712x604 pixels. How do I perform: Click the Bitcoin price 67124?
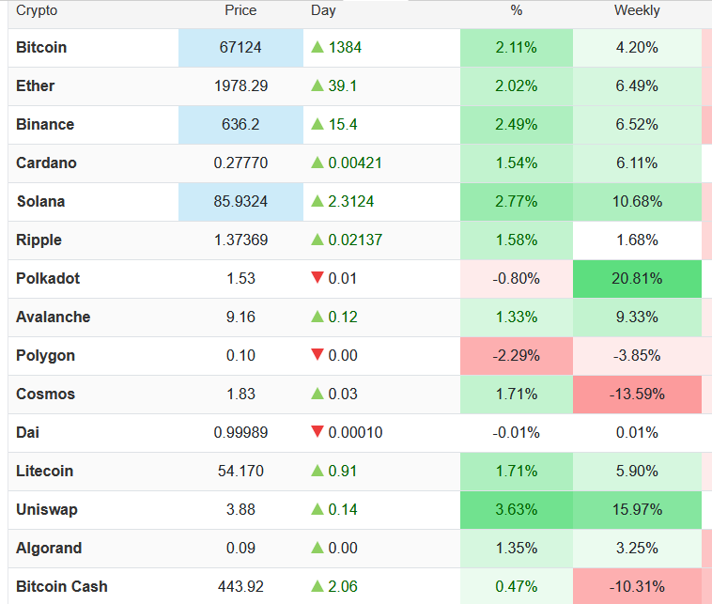tap(240, 47)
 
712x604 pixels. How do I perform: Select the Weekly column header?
tap(637, 10)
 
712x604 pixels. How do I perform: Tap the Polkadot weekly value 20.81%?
tap(637, 278)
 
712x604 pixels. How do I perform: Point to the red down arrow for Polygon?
tap(317, 355)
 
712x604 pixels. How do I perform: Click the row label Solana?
tap(40, 201)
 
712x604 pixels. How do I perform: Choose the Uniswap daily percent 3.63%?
tap(516, 509)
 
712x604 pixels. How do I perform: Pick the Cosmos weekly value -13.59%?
tap(637, 394)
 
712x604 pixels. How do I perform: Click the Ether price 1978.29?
tap(240, 85)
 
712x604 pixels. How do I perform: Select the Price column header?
tap(240, 10)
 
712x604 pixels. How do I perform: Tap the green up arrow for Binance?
tap(317, 124)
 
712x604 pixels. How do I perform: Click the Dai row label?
tap(27, 432)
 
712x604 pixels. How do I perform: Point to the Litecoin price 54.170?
tap(240, 471)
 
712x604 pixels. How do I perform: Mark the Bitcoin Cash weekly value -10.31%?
tap(637, 586)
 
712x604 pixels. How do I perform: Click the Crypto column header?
tap(37, 10)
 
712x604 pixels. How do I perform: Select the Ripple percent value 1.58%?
tap(516, 240)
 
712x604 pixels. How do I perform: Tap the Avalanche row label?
tap(54, 317)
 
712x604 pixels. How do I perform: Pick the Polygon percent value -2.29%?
tap(516, 355)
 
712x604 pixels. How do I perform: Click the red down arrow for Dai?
tap(317, 432)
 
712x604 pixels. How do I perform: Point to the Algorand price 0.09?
tap(240, 548)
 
